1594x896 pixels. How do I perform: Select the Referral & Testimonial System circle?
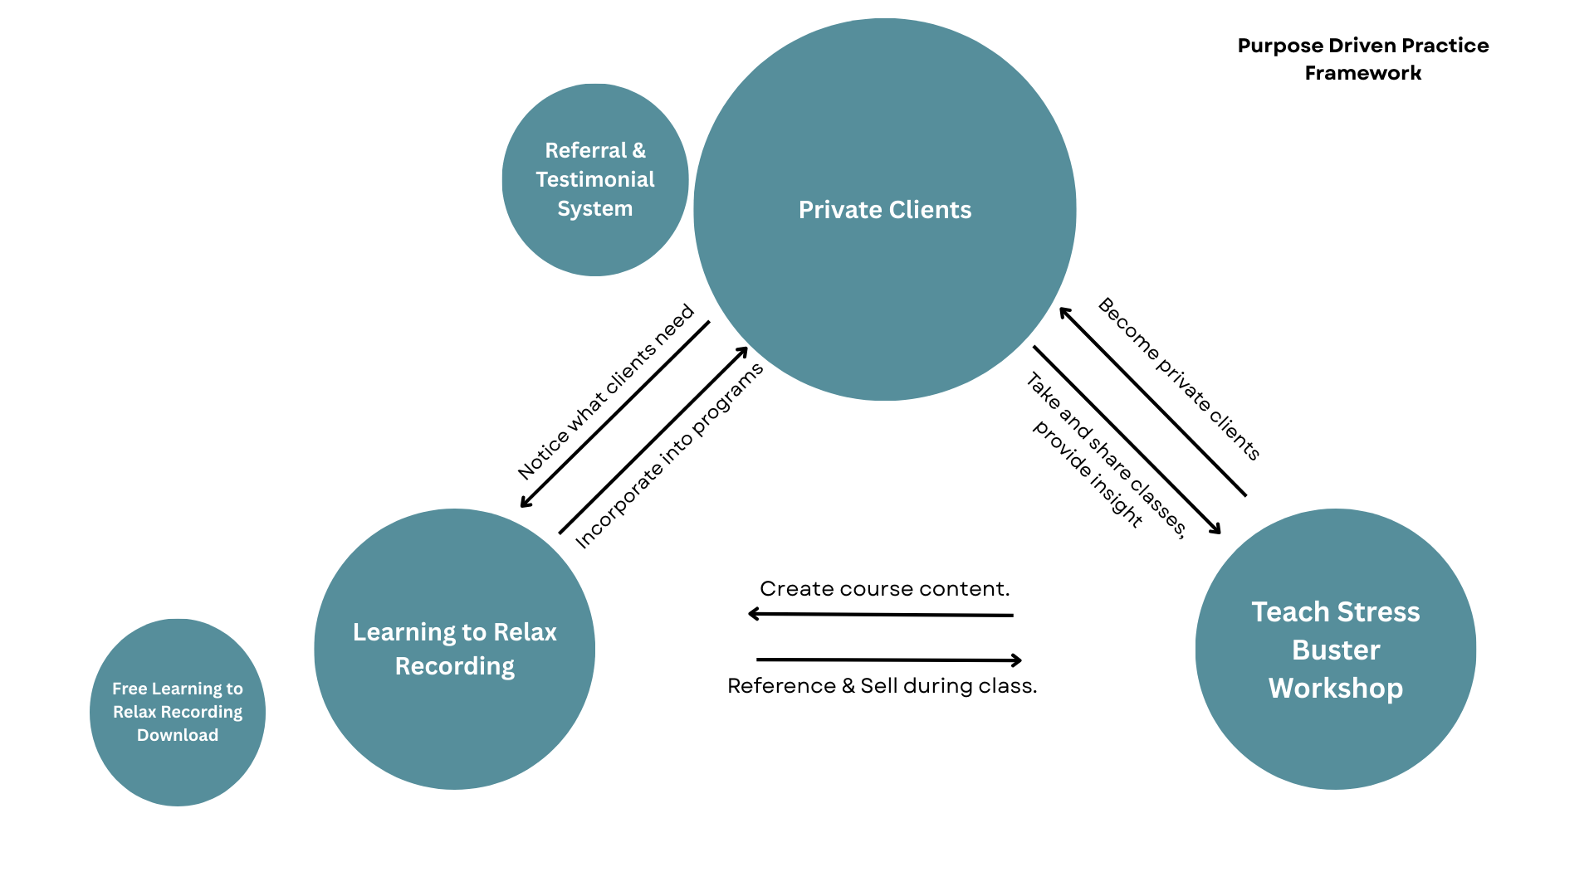[595, 179]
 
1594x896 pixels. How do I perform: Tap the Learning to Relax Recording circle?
[454, 649]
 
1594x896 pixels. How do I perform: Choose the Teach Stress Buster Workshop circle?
[1336, 649]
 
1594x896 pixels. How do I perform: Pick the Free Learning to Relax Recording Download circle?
[178, 712]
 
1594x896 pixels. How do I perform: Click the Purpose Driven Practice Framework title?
[1362, 59]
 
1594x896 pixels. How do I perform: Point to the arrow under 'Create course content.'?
[880, 615]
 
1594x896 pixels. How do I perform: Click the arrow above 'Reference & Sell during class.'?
[888, 660]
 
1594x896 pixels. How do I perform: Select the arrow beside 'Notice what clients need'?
[614, 414]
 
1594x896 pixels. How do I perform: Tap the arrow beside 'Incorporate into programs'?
[653, 441]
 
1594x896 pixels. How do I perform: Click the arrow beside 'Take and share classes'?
[1127, 440]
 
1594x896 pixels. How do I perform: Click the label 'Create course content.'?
[884, 589]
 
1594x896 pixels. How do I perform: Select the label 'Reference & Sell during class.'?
[882, 686]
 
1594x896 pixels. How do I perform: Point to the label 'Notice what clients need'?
[605, 392]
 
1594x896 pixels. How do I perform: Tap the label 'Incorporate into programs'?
[668, 456]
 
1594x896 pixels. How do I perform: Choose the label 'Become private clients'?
[1179, 378]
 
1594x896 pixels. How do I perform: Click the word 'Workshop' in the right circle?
[1336, 689]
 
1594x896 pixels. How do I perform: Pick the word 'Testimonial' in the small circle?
[595, 179]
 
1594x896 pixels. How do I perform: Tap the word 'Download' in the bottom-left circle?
[178, 735]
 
